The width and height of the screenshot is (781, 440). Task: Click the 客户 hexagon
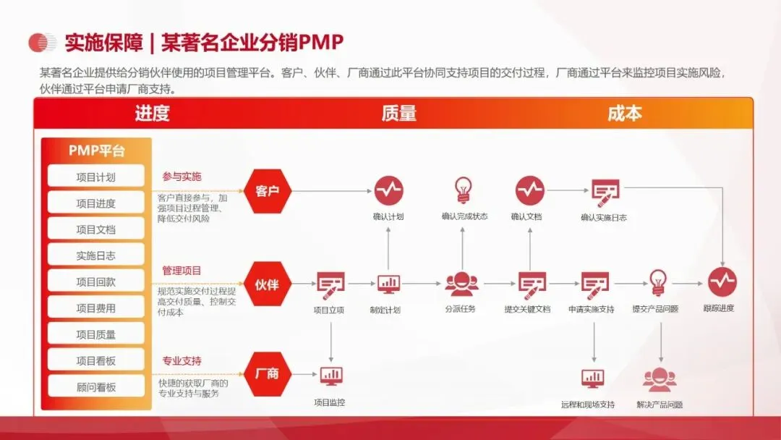pyautogui.click(x=267, y=191)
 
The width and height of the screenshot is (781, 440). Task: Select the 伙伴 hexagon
pyautogui.click(x=267, y=284)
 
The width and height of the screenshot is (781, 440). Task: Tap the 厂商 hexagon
pyautogui.click(x=267, y=374)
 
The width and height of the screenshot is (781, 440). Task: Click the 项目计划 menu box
pyautogui.click(x=96, y=177)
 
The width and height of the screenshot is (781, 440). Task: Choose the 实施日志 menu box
pyautogui.click(x=96, y=255)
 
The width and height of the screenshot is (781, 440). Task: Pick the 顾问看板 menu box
pyautogui.click(x=96, y=386)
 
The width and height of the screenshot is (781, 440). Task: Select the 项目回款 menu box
pyautogui.click(x=96, y=282)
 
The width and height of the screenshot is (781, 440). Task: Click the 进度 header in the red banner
pyautogui.click(x=152, y=114)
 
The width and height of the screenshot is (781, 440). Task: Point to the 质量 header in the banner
pyautogui.click(x=398, y=114)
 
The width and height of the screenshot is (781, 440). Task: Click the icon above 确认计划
pyautogui.click(x=388, y=190)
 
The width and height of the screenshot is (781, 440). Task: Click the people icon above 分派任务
pyautogui.click(x=461, y=284)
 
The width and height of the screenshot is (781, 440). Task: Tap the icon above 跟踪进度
pyautogui.click(x=722, y=282)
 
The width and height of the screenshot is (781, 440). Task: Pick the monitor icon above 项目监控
pyautogui.click(x=331, y=375)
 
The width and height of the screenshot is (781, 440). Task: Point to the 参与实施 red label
pyautogui.click(x=182, y=177)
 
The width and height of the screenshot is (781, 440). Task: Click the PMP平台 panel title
pyautogui.click(x=96, y=151)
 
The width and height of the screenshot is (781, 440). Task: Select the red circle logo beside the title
pyautogui.click(x=42, y=43)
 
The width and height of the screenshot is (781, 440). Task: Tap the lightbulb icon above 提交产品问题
pyautogui.click(x=657, y=281)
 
